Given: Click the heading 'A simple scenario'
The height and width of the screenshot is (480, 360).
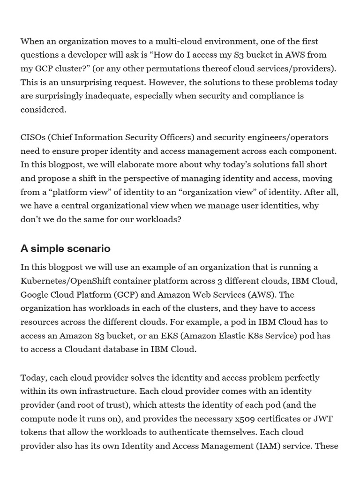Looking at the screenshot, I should tap(65, 248).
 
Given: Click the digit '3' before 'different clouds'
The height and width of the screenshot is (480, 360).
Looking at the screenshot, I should tap(207, 281).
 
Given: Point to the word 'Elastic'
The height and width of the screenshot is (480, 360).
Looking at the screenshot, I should tap(239, 336).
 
